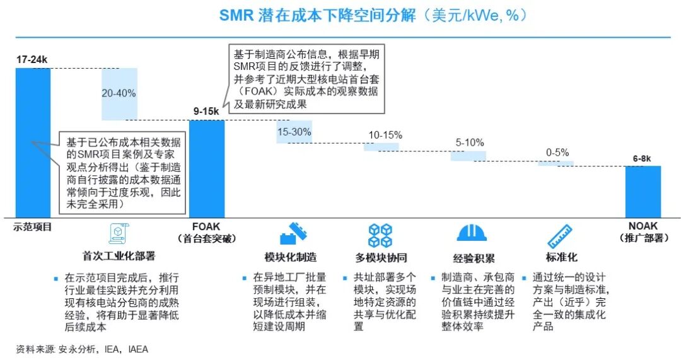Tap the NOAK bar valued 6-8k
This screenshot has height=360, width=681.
point(643,192)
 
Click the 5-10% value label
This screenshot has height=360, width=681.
point(470,142)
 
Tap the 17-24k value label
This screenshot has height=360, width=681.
point(32,60)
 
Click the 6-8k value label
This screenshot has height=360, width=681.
point(643,159)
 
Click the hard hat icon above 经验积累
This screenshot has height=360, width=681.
point(472,234)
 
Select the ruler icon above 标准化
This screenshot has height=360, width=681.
point(559,235)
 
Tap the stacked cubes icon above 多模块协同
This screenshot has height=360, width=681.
point(380,235)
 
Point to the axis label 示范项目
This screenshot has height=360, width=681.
point(32,227)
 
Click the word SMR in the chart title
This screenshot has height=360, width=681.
point(236,16)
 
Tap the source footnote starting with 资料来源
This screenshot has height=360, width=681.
point(82,349)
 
